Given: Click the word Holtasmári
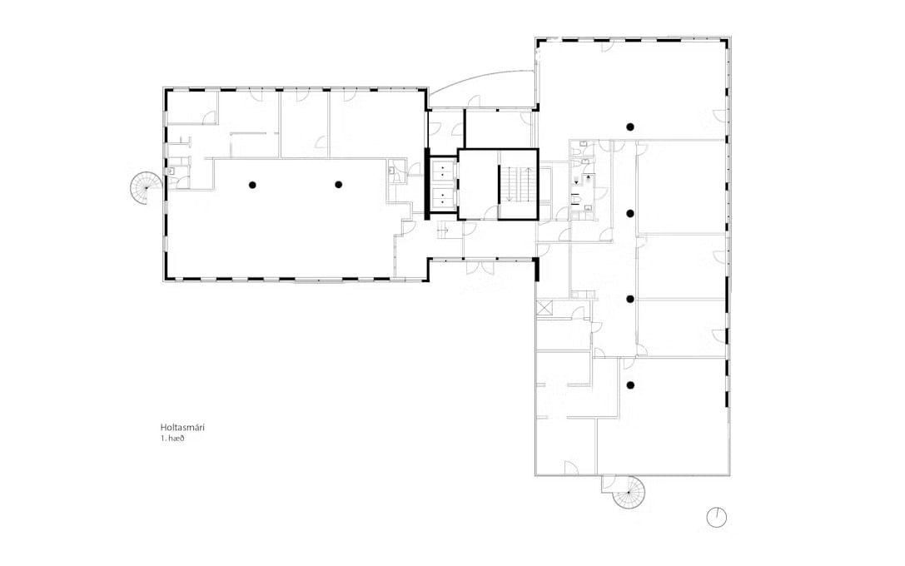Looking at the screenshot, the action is (183, 428).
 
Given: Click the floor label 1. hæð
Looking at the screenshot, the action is (172, 439).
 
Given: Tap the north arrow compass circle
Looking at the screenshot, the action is (717, 517).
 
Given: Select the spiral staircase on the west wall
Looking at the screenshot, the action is (147, 188).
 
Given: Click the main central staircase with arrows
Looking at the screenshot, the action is (518, 184).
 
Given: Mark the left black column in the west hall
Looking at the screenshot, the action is (252, 185).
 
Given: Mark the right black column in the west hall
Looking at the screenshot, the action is (339, 185).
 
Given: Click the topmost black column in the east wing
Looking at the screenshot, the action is (631, 127).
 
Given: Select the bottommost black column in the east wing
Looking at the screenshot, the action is (631, 385).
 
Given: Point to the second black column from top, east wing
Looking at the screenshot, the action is (631, 213).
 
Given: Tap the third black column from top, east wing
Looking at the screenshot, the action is (631, 299).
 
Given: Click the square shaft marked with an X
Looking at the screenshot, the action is (544, 307).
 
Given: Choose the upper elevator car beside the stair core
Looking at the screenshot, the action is (443, 171).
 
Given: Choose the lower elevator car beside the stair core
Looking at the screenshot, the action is (443, 196).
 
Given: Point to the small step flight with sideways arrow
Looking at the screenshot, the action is (445, 230).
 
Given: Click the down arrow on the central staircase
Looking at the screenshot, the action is (508, 185).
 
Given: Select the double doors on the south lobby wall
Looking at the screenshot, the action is (480, 269).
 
